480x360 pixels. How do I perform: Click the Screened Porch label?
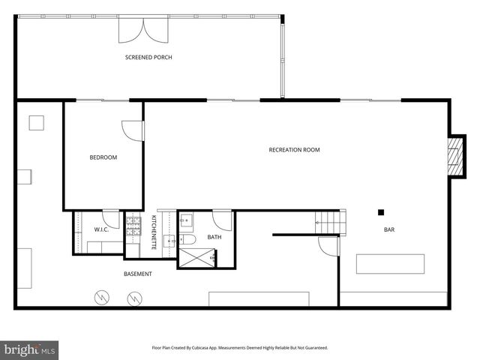tap(148, 57)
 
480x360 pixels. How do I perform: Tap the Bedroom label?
tap(103, 157)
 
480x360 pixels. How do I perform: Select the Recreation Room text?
tap(294, 150)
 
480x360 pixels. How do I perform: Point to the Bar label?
tap(389, 230)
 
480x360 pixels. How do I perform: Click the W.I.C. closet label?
tap(101, 229)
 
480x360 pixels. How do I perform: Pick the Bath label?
tap(214, 238)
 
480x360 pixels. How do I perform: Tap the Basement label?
tap(138, 274)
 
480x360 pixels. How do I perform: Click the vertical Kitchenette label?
tap(154, 232)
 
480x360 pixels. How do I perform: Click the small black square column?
tap(381, 212)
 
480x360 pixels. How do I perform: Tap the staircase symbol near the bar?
tap(331, 222)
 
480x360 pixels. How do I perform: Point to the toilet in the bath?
tap(189, 238)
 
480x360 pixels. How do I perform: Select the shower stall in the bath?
tap(196, 258)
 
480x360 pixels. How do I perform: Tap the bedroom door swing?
tap(133, 130)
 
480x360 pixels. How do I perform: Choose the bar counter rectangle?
tap(389, 264)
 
